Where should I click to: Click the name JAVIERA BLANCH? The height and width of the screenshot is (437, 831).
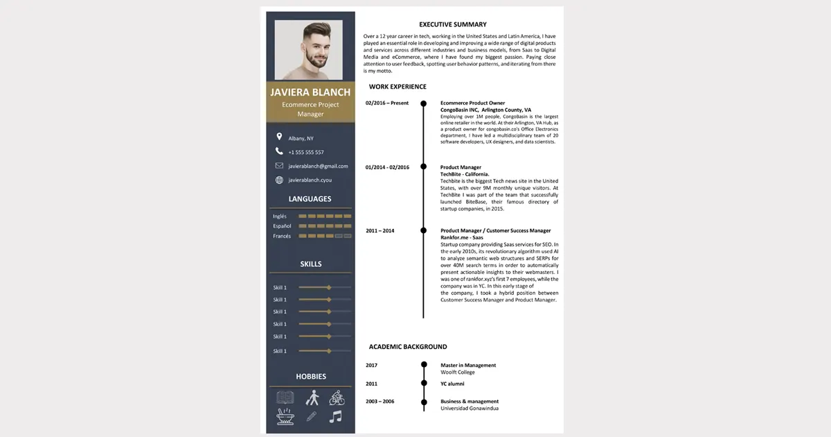click(310, 92)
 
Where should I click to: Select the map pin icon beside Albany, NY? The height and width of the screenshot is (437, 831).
click(279, 137)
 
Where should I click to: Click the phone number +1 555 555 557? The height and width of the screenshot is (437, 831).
click(306, 152)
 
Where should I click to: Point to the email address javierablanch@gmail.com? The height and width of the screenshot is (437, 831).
click(318, 166)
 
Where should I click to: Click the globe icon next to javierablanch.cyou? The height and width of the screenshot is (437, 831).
click(279, 180)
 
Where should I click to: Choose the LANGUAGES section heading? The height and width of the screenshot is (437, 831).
click(310, 199)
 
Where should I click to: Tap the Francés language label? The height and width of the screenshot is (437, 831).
click(282, 237)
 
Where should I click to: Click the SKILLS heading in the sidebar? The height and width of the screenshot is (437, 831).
click(310, 264)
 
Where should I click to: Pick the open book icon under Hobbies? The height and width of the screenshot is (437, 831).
click(285, 397)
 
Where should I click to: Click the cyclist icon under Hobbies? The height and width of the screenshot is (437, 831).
click(337, 397)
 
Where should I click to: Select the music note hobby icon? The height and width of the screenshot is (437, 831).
click(336, 417)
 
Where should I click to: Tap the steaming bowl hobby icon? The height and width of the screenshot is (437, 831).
click(285, 417)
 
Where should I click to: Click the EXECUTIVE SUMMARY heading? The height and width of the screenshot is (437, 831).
click(453, 25)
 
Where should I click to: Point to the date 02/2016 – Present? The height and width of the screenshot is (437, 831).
click(387, 103)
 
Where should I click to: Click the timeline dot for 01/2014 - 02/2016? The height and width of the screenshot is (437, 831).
click(423, 167)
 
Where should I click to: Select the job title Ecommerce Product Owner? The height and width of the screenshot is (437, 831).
click(472, 103)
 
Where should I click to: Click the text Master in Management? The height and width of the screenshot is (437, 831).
click(468, 366)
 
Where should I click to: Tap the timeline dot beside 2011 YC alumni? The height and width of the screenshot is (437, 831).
click(423, 384)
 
